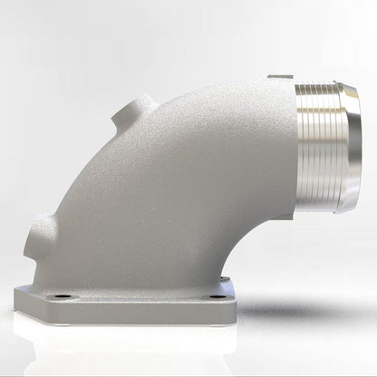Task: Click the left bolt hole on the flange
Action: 61,296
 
